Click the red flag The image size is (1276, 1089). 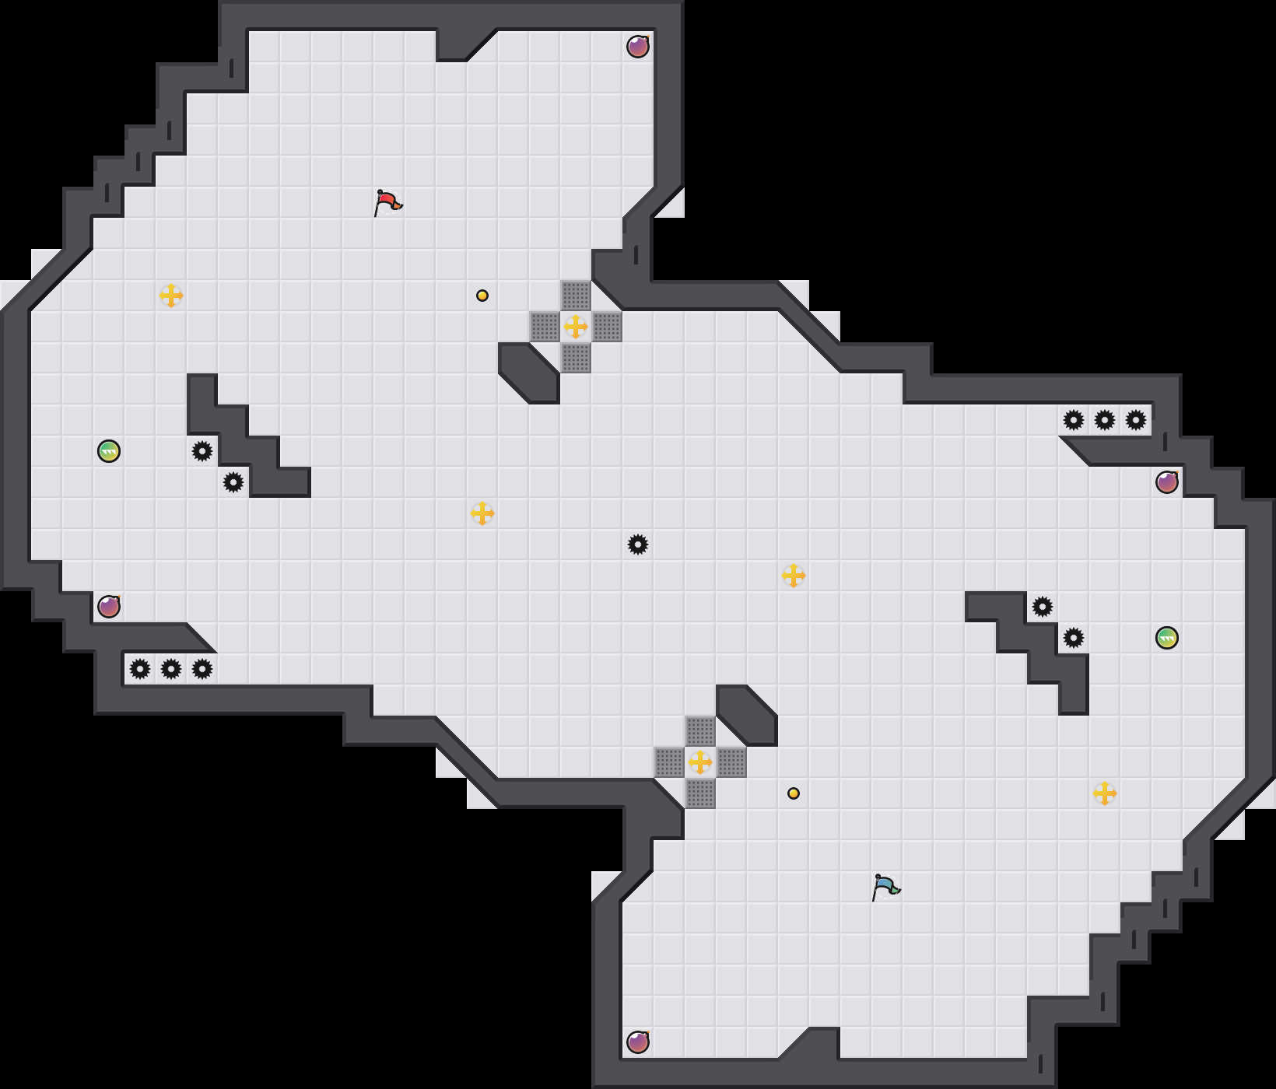click(387, 202)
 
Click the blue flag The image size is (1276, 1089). click(885, 887)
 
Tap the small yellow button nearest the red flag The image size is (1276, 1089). click(482, 296)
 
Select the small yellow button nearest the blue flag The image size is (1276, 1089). click(794, 793)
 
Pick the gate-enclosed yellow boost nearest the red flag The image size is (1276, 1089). click(576, 327)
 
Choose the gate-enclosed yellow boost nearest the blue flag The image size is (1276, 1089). click(700, 762)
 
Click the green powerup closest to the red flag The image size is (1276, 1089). click(109, 451)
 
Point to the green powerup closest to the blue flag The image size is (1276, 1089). click(1167, 638)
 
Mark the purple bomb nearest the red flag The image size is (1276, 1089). click(638, 47)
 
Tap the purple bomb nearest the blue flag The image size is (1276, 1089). click(638, 1042)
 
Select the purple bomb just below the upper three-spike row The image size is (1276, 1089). click(1167, 482)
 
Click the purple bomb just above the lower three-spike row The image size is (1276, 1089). click(109, 607)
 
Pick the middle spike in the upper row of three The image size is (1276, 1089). click(1105, 420)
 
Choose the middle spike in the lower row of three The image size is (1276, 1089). click(171, 669)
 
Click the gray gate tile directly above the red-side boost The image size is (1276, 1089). click(576, 296)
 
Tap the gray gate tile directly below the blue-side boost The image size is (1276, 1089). click(700, 793)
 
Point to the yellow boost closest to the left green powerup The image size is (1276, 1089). click(171, 296)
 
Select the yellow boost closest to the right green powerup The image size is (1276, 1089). click(1105, 793)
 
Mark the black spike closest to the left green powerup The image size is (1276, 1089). click(202, 451)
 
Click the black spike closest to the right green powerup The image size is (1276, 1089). click(1074, 638)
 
